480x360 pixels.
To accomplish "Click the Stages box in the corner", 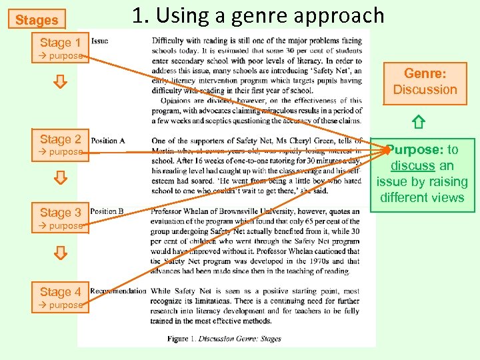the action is point(37,20).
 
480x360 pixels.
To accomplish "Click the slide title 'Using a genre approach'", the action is point(258,15).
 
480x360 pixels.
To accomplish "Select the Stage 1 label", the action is point(60,43).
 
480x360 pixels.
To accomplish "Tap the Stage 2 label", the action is point(60,139).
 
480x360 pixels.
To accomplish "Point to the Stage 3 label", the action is point(60,213).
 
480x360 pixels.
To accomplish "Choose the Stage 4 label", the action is point(60,292).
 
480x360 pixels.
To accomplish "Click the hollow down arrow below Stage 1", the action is point(60,83).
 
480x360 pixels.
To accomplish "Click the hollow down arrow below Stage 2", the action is point(60,178).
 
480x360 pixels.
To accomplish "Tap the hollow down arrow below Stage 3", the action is point(60,253).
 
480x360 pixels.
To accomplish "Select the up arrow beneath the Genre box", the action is point(418,122).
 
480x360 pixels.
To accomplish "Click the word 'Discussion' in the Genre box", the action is point(425,89).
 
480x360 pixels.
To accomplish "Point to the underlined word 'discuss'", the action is point(413,166).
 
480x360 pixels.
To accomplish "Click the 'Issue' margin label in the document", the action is point(99,41).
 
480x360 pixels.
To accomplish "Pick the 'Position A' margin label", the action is point(107,141).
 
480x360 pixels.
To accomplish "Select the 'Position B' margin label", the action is point(107,212).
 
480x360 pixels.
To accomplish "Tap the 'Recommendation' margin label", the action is point(118,291).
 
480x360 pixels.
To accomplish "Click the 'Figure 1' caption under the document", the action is point(224,339).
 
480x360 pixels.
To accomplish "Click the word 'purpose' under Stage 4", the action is point(65,305).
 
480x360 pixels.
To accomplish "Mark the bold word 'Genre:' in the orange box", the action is point(425,74).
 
